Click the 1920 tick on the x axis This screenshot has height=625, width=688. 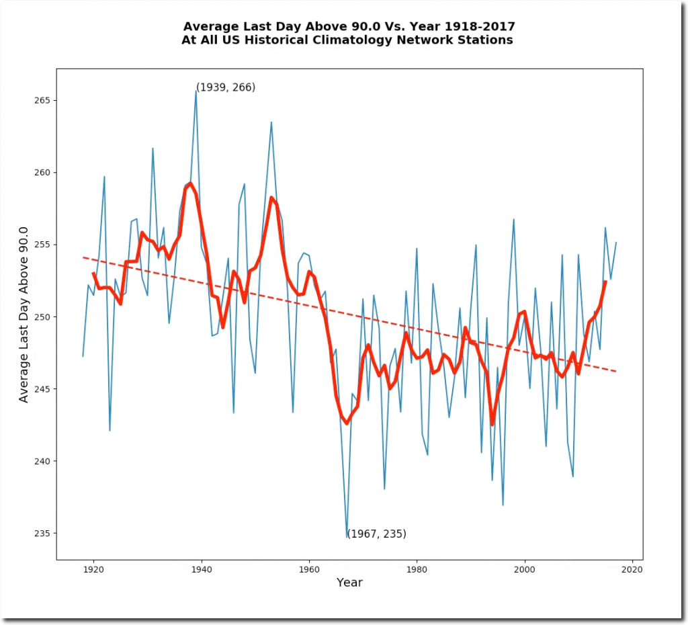93,570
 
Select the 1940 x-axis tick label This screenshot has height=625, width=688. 202,570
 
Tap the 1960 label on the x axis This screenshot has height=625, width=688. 309,570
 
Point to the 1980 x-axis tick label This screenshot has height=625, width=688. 417,570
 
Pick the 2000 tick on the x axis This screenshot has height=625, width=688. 524,570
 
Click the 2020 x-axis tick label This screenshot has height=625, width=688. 632,570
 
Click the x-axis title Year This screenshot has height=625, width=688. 349,583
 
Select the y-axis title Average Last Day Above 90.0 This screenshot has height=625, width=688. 24,313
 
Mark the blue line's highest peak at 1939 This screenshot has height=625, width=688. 196,91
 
